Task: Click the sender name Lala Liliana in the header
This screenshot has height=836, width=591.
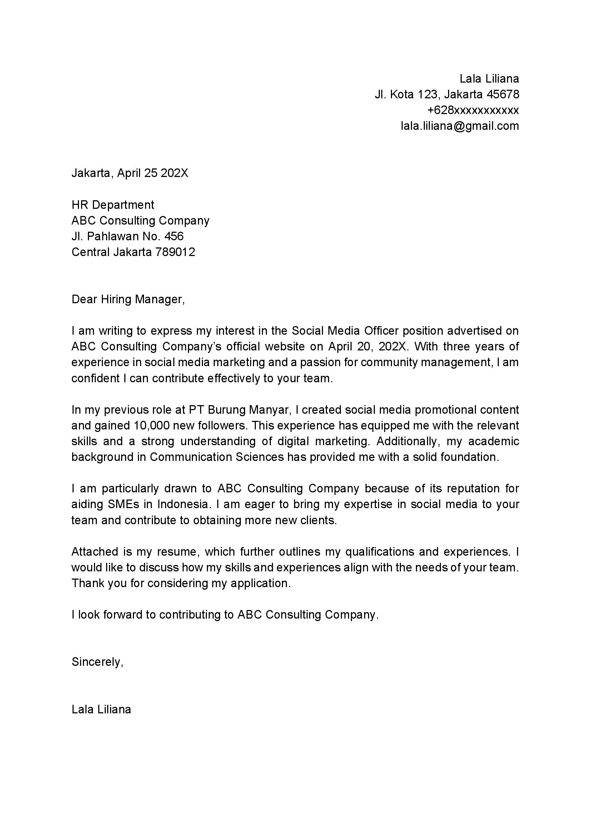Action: point(489,79)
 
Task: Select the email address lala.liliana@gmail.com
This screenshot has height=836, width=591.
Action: point(460,126)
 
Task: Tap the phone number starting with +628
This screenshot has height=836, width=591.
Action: point(473,110)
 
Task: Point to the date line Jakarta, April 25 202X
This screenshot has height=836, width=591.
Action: point(130,173)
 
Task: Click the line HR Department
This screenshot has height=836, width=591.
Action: point(113,205)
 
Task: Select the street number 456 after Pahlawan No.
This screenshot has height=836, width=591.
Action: point(174,237)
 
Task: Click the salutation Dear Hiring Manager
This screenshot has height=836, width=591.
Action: point(128,299)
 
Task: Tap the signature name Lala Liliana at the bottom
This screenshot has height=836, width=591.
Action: point(101,709)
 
